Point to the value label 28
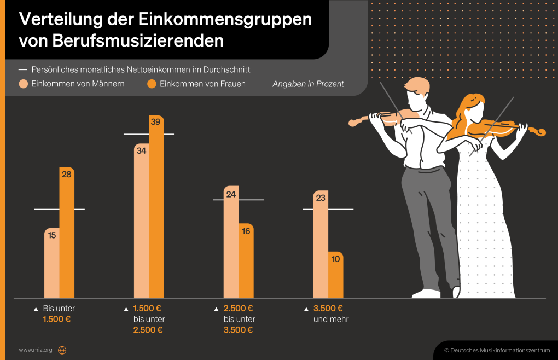pyautogui.click(x=67, y=175)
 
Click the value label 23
pyautogui.click(x=321, y=198)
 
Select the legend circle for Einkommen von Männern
pyautogui.click(x=24, y=84)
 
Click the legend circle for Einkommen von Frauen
pyautogui.click(x=152, y=84)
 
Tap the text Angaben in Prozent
pyautogui.click(x=308, y=84)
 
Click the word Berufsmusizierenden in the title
pyautogui.click(x=121, y=40)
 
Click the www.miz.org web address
pyautogui.click(x=36, y=350)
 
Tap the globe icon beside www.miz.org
pyautogui.click(x=62, y=350)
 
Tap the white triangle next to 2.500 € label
pyautogui.click(x=217, y=309)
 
